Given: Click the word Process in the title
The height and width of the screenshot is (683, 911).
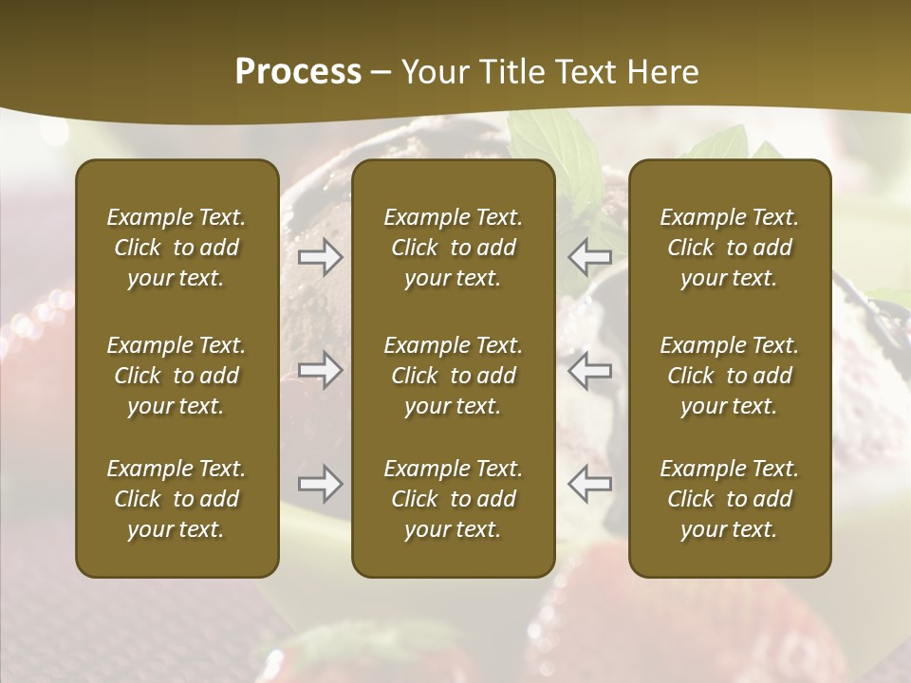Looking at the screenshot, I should point(298,72).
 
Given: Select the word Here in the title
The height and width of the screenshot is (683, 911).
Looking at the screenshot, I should point(664,72).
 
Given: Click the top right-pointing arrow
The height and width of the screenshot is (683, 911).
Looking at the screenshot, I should point(320,256).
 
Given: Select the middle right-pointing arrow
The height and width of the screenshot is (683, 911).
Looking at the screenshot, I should point(320,370).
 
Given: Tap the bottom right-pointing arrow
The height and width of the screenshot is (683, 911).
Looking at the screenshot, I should point(320,484).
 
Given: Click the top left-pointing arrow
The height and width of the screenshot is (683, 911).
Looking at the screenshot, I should point(589,256).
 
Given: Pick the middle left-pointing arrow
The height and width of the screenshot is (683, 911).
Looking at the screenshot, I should point(589,370).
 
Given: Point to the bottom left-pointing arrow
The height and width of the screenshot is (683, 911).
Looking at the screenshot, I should point(589,484).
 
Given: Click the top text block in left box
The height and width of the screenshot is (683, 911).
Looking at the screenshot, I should point(177,248).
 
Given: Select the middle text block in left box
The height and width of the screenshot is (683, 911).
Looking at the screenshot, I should point(177,376).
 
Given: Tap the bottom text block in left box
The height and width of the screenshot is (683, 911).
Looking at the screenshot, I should point(177,499).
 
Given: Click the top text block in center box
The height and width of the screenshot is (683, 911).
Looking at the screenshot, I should point(454,248).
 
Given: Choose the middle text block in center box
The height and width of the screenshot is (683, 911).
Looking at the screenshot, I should point(454,376).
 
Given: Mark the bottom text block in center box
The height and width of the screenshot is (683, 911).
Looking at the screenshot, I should point(454,499).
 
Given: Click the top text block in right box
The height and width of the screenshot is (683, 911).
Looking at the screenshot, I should point(730,248).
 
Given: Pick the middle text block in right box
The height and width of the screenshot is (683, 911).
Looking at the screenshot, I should point(730,376).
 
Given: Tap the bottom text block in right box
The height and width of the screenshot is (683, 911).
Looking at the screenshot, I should point(730,499).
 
